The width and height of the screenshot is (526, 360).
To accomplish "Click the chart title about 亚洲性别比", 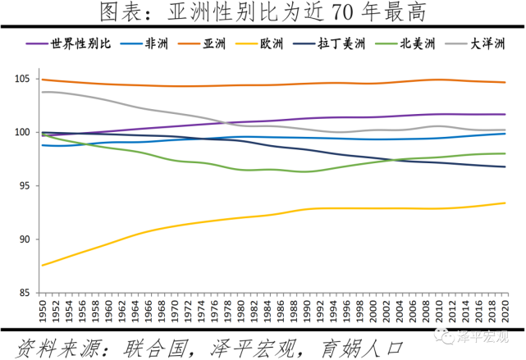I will (x=263, y=13).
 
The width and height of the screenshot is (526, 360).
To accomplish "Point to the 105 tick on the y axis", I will (x=23, y=79).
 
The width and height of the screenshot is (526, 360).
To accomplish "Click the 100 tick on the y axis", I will (x=23, y=132).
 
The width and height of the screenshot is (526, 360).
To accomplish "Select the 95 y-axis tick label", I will (x=25, y=186).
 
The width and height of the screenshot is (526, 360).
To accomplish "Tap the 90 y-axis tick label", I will (x=25, y=239).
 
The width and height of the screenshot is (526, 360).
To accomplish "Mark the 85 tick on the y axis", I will (x=25, y=293).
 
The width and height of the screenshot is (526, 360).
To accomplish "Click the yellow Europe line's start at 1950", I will (x=42, y=265).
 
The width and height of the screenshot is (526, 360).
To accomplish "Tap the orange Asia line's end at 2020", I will (x=504, y=82).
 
